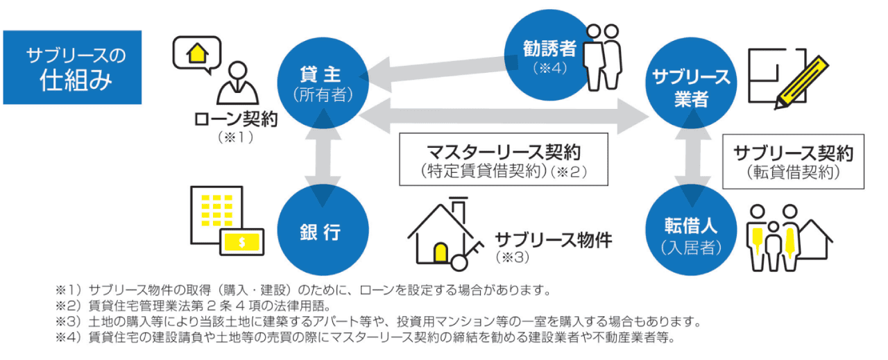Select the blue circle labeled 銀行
pos(321,232)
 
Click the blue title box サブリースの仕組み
pos(72,67)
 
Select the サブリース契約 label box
pos(794,161)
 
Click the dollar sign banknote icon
pos(242,242)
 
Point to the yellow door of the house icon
pos(440,252)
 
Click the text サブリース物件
pos(553,240)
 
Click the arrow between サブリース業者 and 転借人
pos(690,161)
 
